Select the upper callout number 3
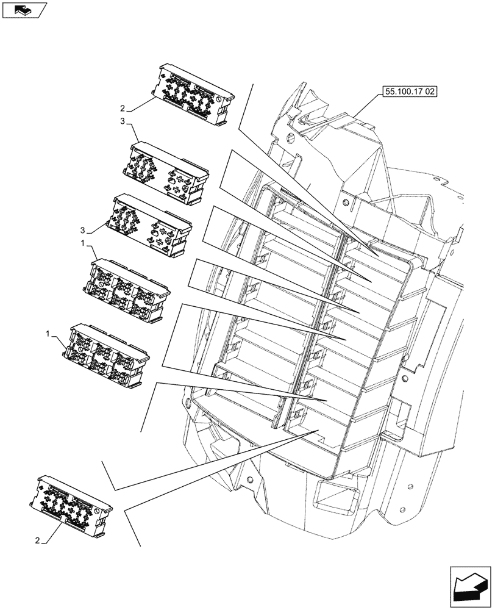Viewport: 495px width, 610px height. tap(123, 123)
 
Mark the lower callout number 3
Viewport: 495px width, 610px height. tap(82, 231)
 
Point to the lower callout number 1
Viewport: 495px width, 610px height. tap(48, 335)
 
